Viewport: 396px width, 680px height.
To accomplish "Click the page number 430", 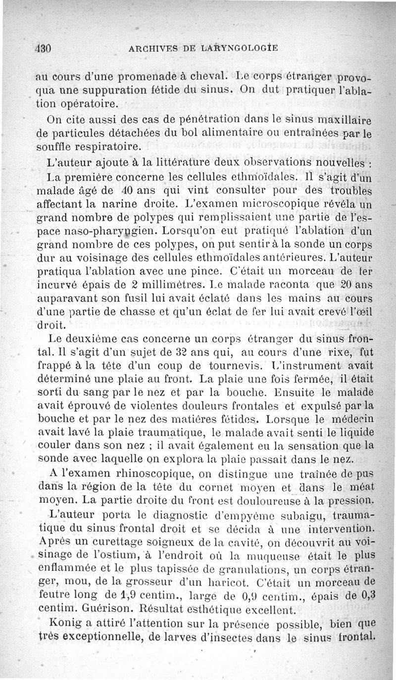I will tap(44, 48).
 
